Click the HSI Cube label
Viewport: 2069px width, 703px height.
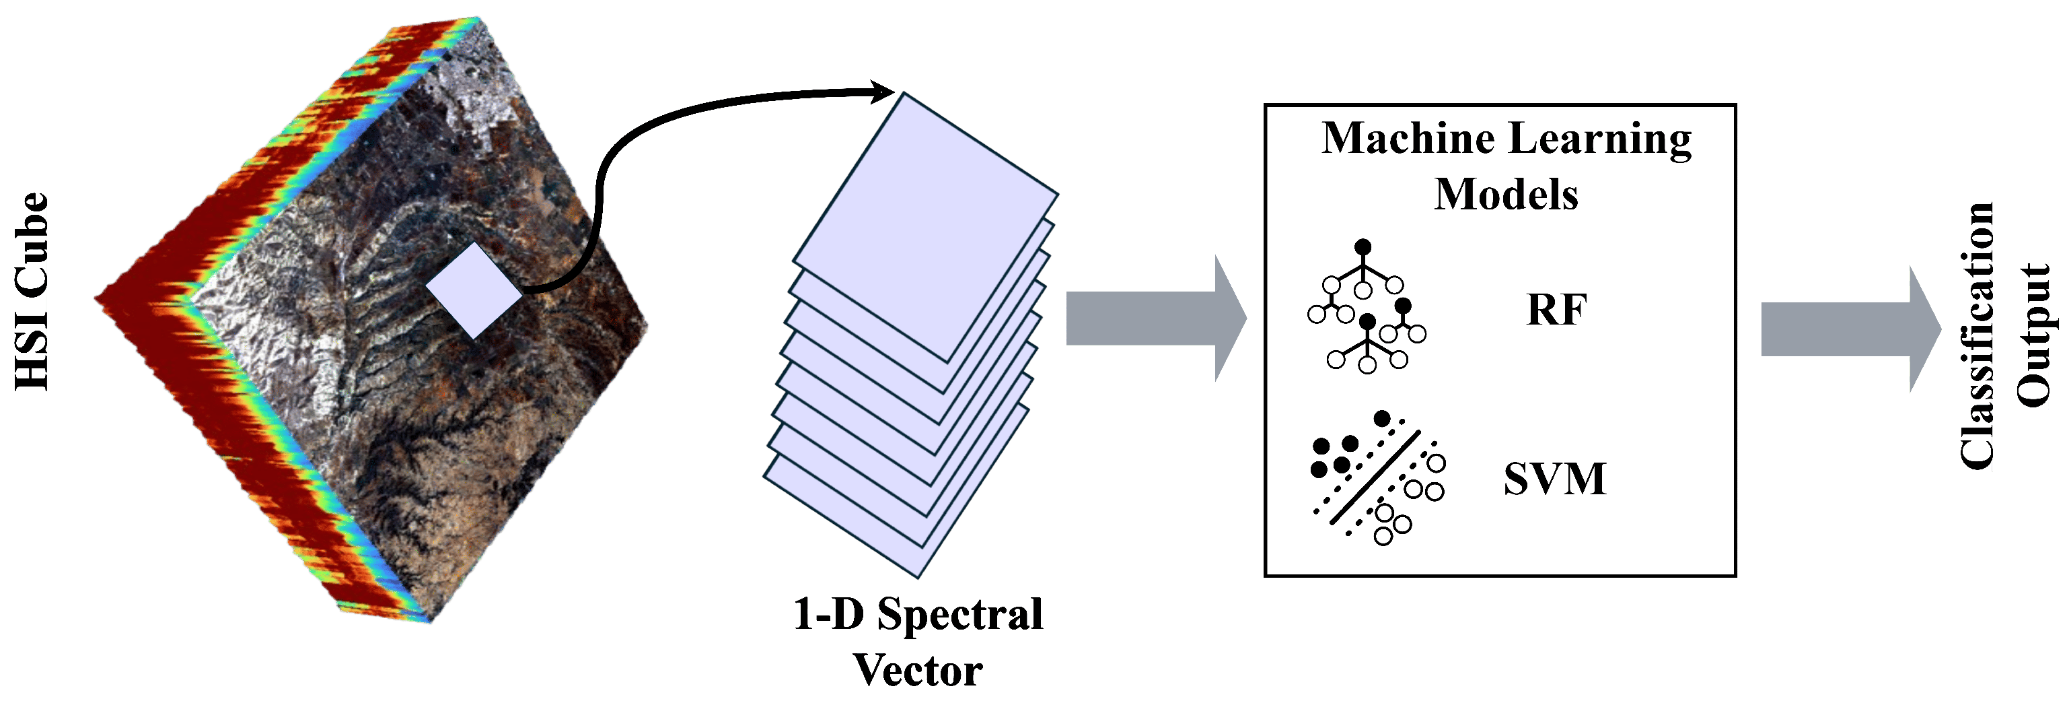coord(32,292)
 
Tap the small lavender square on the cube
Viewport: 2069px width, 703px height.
coord(474,290)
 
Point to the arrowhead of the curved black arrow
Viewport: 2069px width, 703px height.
coord(883,92)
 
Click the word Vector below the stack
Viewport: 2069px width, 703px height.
coord(916,670)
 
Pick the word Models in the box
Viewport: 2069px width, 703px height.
coord(1506,195)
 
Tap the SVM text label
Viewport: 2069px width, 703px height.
coord(1554,479)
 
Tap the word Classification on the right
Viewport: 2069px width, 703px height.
coord(1977,336)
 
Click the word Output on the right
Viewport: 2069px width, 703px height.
coord(2033,336)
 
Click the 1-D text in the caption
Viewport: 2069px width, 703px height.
coord(828,615)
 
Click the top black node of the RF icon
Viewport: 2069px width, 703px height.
coord(1363,247)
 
